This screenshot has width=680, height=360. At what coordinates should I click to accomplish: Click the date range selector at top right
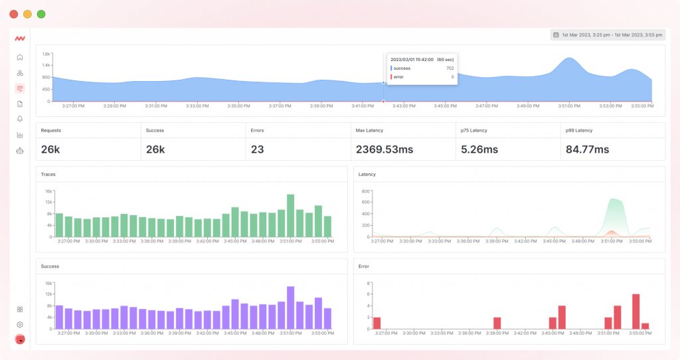click(607, 35)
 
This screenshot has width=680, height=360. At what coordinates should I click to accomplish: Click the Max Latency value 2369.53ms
click(384, 149)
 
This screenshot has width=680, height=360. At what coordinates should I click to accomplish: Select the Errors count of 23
click(258, 149)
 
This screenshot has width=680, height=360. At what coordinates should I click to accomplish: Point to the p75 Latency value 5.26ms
click(479, 149)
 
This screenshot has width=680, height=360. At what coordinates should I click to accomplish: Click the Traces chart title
click(48, 174)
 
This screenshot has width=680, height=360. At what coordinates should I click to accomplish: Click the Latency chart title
click(367, 174)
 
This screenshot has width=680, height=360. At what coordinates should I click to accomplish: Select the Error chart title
click(363, 266)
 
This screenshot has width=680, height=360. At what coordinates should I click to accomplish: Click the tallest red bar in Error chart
click(636, 312)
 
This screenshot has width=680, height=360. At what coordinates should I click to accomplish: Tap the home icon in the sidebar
click(20, 57)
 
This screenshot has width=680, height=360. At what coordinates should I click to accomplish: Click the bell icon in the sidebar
click(20, 119)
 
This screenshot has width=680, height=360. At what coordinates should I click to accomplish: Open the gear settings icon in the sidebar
click(20, 324)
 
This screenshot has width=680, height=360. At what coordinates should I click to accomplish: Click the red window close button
click(14, 14)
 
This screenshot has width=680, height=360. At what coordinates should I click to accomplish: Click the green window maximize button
click(41, 14)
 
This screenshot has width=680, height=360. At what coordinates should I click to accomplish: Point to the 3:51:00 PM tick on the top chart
click(569, 106)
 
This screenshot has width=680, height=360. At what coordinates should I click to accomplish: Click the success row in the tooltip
click(422, 68)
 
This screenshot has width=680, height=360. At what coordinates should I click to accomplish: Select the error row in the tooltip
click(422, 77)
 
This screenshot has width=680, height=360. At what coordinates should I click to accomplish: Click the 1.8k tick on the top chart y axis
click(46, 54)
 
